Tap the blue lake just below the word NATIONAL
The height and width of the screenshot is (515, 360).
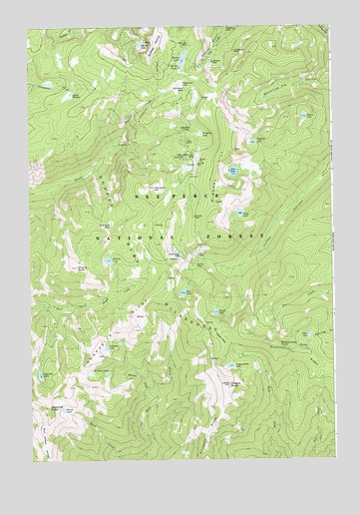(x=109, y=261)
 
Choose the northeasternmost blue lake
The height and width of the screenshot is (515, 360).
(x=303, y=117)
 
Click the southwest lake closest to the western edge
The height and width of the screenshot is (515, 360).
(x=42, y=372)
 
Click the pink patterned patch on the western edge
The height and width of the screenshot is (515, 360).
(x=36, y=172)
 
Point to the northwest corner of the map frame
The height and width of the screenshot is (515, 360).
(x=29, y=27)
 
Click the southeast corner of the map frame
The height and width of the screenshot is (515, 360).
(x=331, y=464)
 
